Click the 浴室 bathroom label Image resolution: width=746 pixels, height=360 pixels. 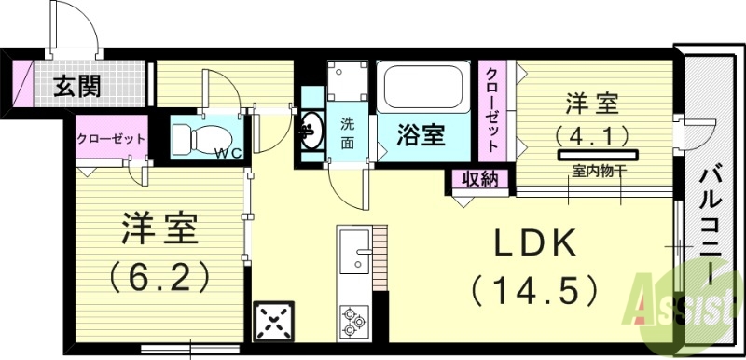[421, 136]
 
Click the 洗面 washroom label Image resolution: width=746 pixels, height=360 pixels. [347, 132]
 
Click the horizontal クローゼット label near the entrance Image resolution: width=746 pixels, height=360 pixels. [111, 138]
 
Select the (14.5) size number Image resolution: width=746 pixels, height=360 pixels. [533, 290]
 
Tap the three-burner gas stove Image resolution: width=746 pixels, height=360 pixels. [354, 320]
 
